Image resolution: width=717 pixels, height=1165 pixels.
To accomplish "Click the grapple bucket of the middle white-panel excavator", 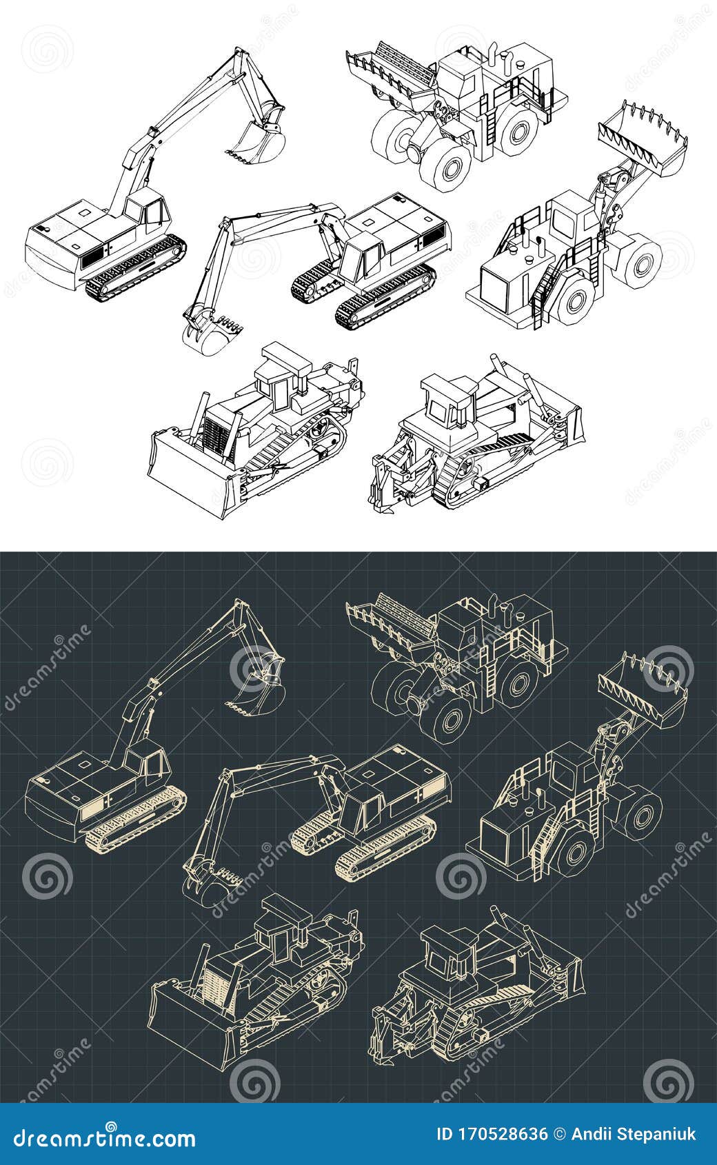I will (210, 334).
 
